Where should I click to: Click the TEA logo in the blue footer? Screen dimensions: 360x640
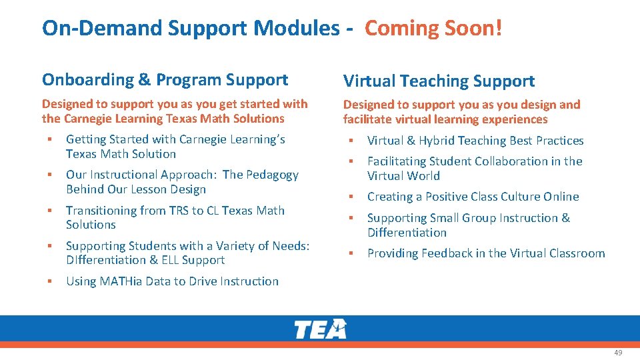(x=321, y=329)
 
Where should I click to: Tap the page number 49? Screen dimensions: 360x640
(x=618, y=353)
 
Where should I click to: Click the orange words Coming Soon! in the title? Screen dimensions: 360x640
(x=433, y=28)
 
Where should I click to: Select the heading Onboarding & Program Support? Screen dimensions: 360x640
(x=165, y=80)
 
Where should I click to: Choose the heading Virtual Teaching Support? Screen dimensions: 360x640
(x=439, y=81)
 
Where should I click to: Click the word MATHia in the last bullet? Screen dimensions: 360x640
(x=119, y=281)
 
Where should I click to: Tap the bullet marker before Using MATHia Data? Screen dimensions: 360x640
(x=50, y=281)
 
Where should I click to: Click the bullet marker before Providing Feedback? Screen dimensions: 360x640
(x=351, y=253)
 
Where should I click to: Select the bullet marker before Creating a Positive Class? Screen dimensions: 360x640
(x=351, y=197)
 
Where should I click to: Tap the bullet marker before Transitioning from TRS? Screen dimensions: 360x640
(x=50, y=211)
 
